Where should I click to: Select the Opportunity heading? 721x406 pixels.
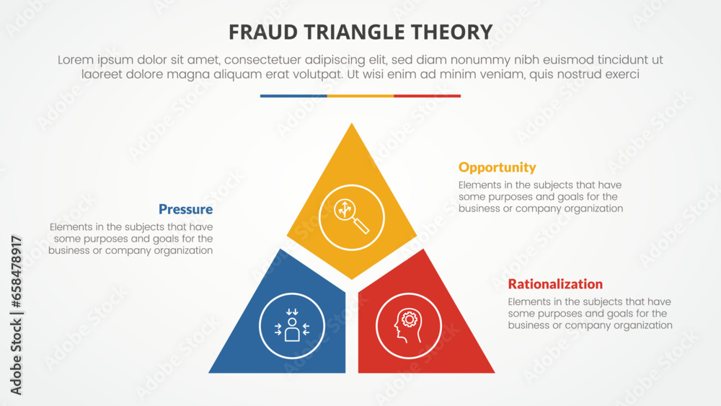click(497, 167)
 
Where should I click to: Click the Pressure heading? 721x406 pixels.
click(185, 210)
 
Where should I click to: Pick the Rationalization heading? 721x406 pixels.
click(555, 284)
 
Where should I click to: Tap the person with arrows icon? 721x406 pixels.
click(292, 326)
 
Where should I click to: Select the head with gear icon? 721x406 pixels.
click(409, 326)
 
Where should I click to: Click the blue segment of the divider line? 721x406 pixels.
click(293, 96)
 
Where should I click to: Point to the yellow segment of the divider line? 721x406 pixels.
click(360, 96)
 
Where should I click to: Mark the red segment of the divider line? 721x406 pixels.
click(427, 96)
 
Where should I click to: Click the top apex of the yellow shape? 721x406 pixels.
click(352, 125)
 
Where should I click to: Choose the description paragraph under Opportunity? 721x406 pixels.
click(540, 197)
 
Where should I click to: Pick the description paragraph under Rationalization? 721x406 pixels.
click(590, 314)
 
